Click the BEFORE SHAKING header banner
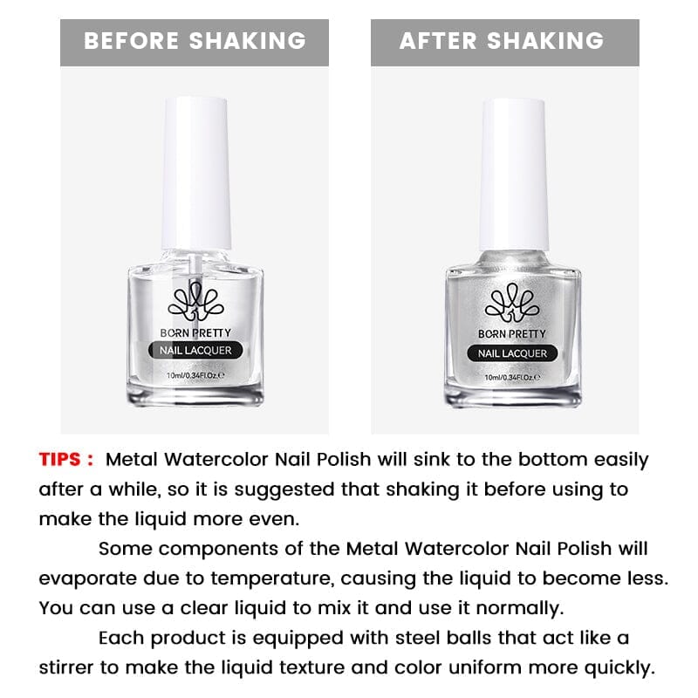click(195, 41)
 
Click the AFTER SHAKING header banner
click(504, 41)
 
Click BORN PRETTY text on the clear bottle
click(197, 332)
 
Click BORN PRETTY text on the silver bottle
click(513, 334)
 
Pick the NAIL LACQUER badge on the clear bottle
click(197, 352)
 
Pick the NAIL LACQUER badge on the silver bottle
click(513, 353)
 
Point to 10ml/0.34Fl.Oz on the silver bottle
click(513, 376)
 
